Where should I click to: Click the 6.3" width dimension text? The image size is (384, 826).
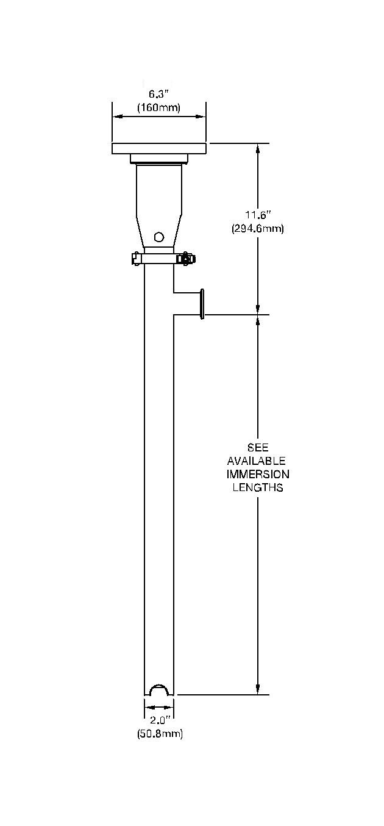tap(158, 95)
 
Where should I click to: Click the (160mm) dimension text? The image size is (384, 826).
tap(158, 107)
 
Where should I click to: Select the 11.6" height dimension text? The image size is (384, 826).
tap(258, 215)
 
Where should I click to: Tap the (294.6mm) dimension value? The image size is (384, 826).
tap(258, 229)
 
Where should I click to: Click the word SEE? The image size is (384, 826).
tap(258, 448)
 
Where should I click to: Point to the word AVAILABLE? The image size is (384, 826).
tap(257, 461)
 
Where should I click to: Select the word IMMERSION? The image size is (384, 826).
tap(258, 475)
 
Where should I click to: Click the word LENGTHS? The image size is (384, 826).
tap(258, 488)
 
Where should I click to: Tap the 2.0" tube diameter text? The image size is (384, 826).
tap(160, 720)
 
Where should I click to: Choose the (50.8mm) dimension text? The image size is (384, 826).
tap(160, 734)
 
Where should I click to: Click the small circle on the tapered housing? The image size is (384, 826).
tap(159, 237)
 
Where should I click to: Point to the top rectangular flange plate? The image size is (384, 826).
tap(159, 148)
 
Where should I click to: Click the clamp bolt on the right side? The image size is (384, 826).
tap(184, 259)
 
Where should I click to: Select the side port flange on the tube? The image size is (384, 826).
tap(202, 304)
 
